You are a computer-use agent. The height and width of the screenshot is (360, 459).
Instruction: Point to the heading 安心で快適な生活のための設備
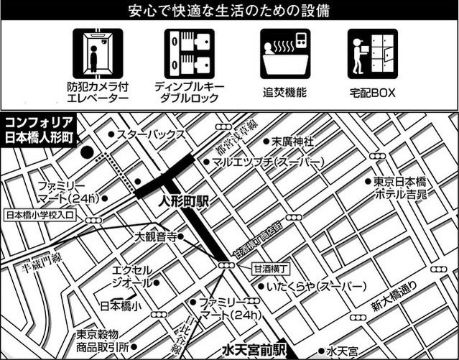coord(229,12)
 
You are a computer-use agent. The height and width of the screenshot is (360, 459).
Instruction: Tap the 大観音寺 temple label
coord(155,235)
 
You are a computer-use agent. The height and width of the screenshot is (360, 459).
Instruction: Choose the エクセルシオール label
coord(133,276)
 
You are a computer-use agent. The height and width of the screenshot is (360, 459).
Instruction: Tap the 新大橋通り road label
coord(394,297)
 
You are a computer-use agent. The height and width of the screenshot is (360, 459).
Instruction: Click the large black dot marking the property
coord(87,152)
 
